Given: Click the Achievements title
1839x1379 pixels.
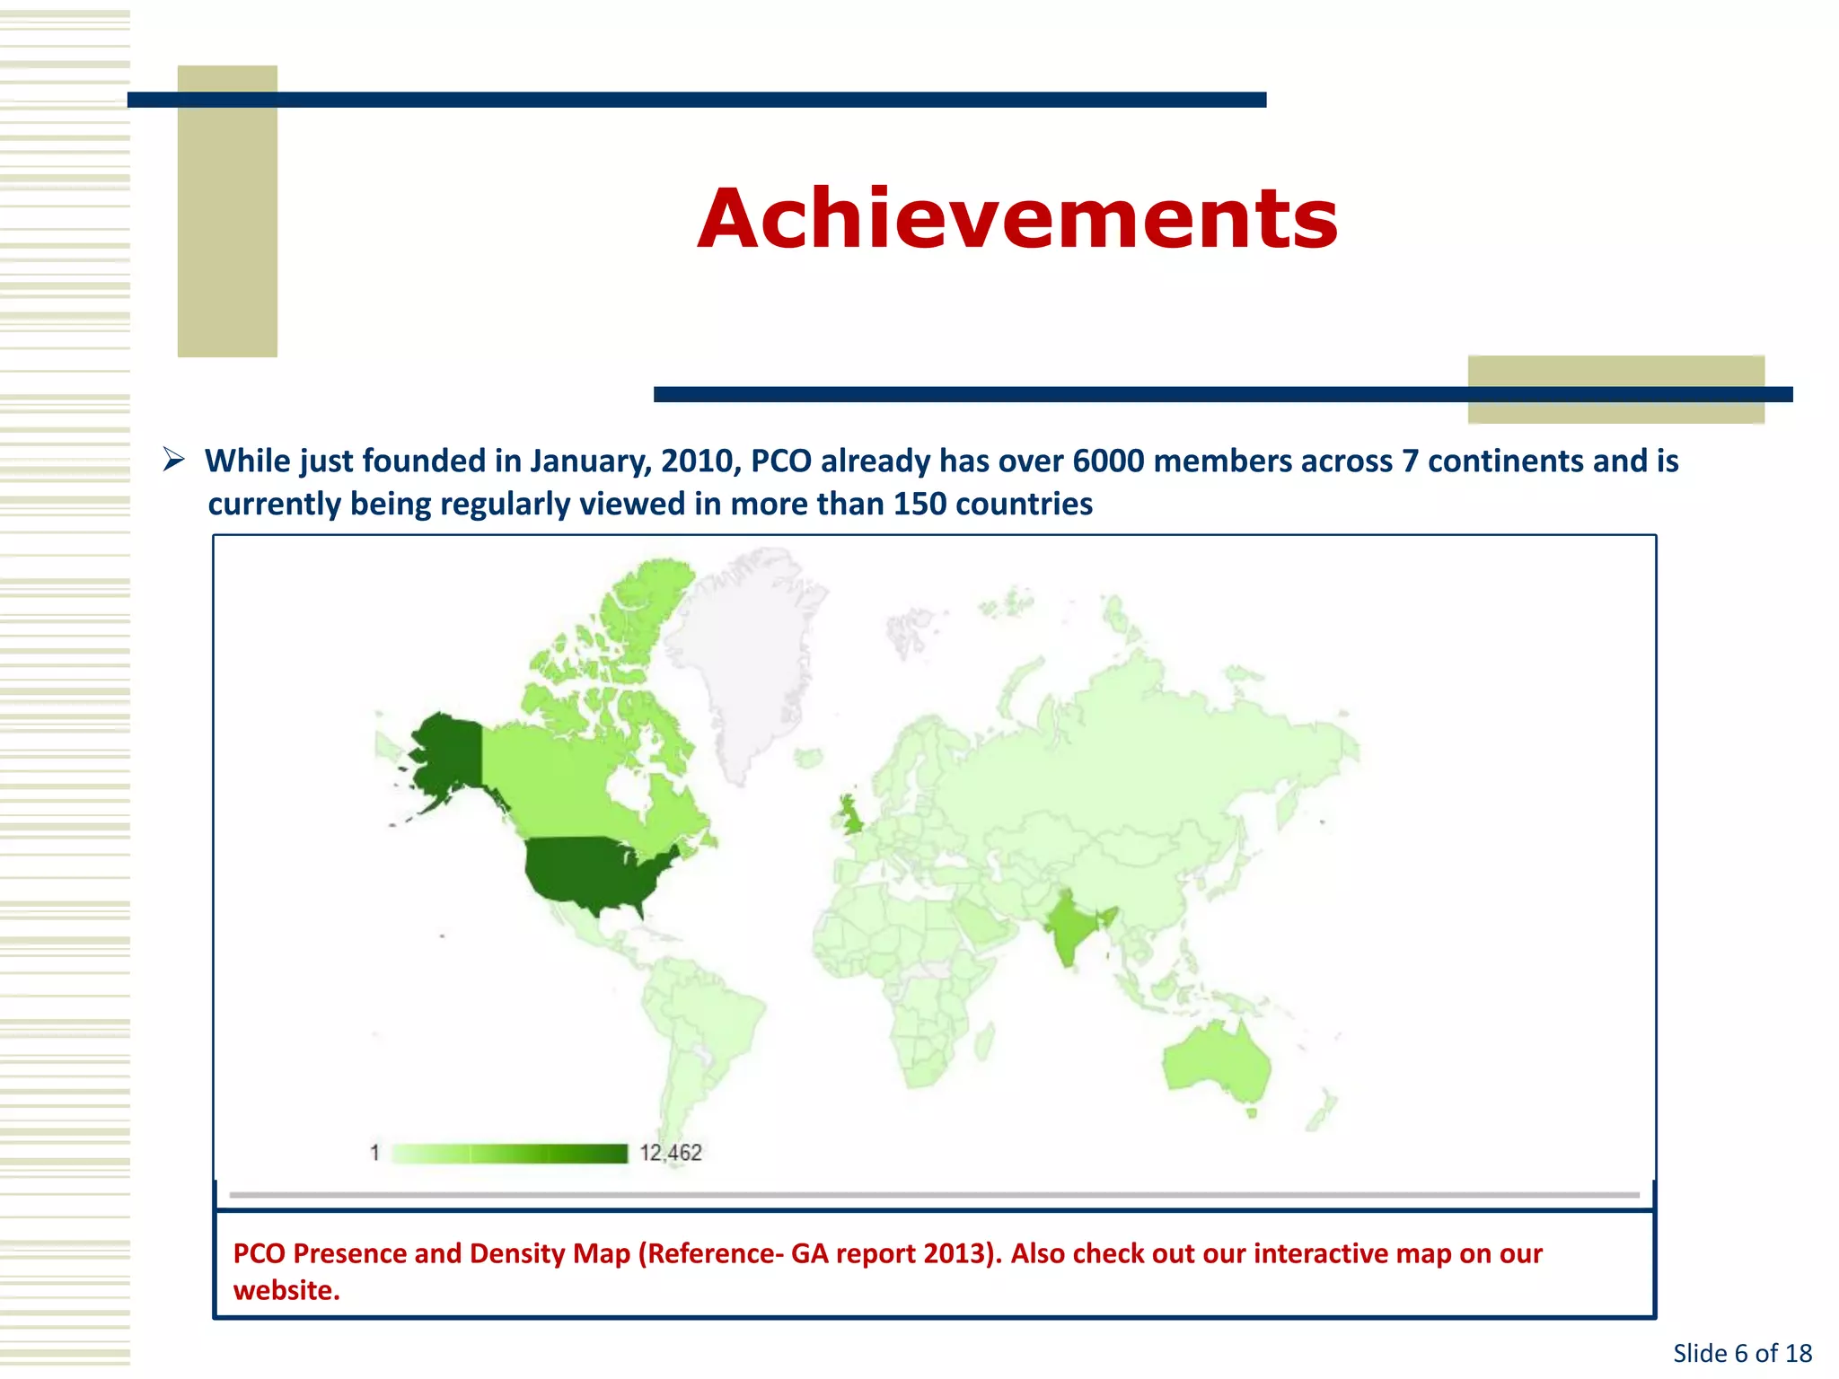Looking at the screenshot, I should pos(1017,218).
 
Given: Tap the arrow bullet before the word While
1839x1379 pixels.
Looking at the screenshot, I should pos(173,461).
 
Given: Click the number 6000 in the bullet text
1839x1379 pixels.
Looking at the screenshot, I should pos(1108,461).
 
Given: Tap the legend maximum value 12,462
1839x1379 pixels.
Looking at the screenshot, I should pos(671,1153).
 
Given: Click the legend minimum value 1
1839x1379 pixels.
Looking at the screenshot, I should pos(374,1153).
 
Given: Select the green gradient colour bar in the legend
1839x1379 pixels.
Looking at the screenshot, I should pos(509,1154).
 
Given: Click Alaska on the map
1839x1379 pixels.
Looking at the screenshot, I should pos(444,754).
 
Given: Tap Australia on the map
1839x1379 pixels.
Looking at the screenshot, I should pos(1217,1064).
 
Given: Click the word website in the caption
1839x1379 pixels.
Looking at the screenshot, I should pos(286,1291).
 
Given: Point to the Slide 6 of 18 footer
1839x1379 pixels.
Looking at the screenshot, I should pos(1742,1353).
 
